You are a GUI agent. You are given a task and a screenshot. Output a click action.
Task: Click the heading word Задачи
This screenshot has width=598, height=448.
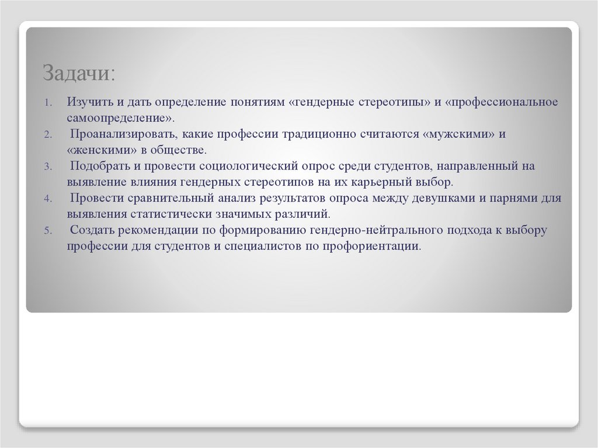pyautogui.click(x=79, y=74)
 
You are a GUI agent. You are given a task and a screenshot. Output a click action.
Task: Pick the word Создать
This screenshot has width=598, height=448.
pyautogui.click(x=89, y=230)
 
